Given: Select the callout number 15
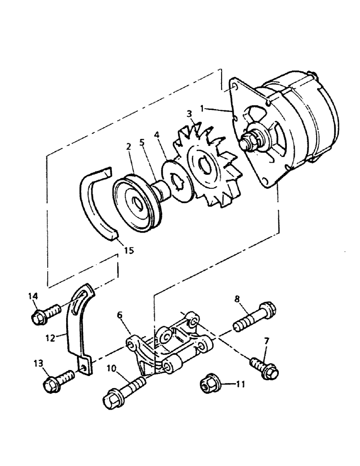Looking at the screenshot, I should coord(129,250).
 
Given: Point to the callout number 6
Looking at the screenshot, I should coord(120,315).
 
